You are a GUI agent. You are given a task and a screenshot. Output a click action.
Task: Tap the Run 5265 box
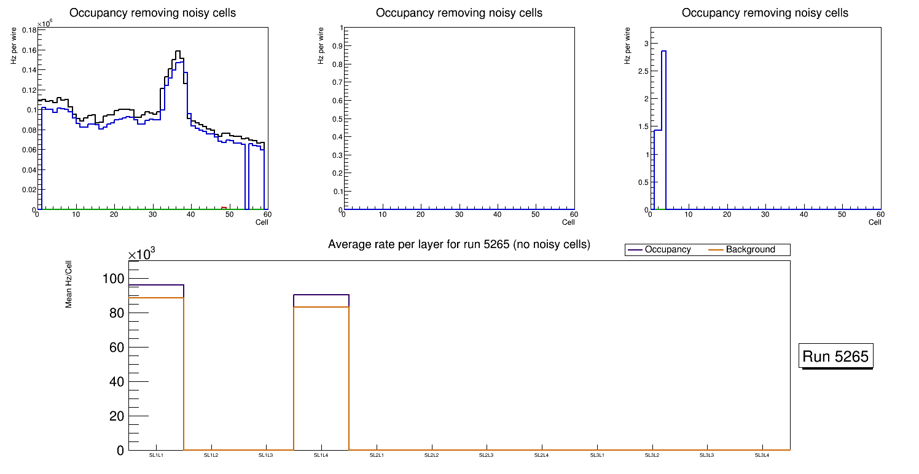pos(837,356)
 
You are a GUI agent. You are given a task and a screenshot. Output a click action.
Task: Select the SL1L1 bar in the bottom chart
pos(156,368)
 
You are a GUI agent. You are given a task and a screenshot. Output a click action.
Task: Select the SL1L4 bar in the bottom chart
pos(321,375)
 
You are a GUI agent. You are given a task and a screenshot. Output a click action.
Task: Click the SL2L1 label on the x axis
pos(377,456)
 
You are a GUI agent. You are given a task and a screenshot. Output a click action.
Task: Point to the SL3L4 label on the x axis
pos(762,456)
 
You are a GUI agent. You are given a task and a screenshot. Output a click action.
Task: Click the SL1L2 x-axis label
pos(211,456)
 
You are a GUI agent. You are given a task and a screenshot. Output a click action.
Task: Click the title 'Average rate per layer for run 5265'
pos(459,244)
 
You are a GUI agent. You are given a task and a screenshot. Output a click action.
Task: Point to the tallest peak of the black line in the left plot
pos(178,52)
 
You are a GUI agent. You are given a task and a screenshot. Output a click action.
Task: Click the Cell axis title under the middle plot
pos(568,222)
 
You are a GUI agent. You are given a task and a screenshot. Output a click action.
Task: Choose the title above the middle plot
pos(459,13)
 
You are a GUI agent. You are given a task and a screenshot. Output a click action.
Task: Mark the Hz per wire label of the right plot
pos(627,46)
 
